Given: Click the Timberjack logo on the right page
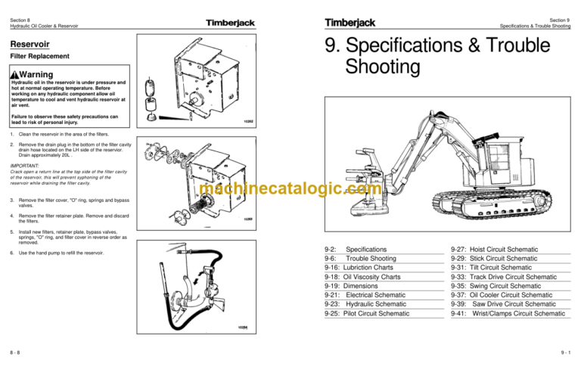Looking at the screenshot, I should [x=346, y=21].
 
